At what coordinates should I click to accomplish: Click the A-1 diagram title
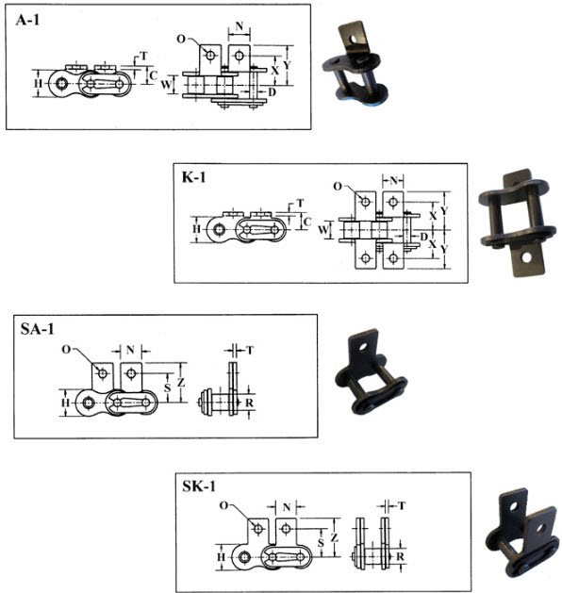27,20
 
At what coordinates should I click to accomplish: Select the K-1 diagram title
194,177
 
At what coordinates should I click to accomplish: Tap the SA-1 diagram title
37,329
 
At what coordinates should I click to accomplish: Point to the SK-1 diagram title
199,486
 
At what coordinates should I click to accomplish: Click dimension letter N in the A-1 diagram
239,26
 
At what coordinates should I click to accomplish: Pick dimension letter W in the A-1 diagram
166,84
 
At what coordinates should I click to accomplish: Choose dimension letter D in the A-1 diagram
272,91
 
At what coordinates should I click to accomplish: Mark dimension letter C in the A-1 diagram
153,75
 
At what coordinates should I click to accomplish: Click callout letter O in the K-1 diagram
338,186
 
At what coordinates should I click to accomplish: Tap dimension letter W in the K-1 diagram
323,229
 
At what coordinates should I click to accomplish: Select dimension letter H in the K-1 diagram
196,229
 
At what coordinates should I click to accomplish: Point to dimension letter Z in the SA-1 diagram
181,383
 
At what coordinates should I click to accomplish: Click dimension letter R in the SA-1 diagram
249,403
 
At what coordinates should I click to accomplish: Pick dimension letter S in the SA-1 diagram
167,387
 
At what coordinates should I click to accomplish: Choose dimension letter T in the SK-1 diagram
402,505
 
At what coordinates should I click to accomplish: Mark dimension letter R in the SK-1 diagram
400,556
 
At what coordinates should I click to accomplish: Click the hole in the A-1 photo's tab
354,39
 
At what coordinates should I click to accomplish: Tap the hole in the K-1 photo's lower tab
525,258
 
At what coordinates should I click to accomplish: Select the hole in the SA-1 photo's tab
364,346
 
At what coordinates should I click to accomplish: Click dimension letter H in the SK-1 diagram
221,556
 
